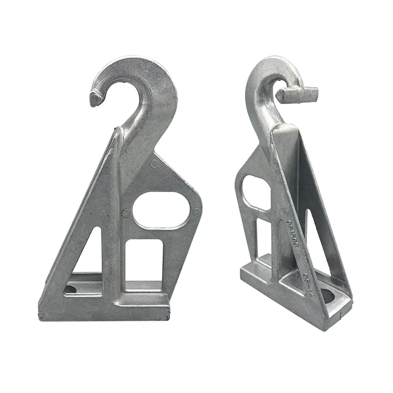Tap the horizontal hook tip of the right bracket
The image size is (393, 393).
click(298, 93)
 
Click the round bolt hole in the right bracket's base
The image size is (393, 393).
click(328, 297)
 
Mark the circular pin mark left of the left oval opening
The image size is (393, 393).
click(126, 213)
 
